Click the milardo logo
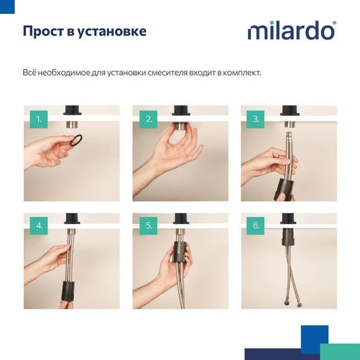coord(291,30)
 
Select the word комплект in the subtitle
coord(239,73)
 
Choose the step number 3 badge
coord(256,119)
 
